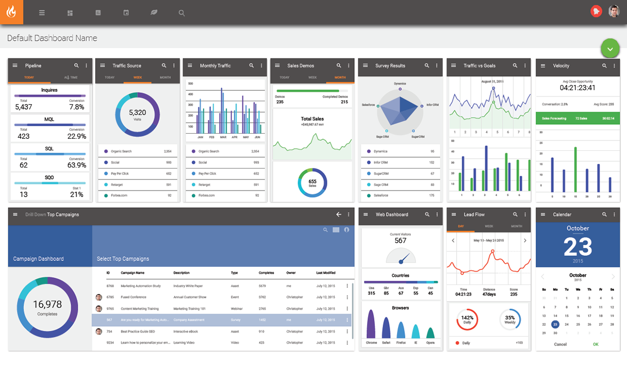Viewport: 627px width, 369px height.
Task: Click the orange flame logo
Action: click(11, 12)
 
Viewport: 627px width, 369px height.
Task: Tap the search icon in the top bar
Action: click(181, 13)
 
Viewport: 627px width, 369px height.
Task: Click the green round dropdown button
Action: click(610, 48)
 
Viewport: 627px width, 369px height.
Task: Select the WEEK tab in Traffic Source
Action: click(138, 77)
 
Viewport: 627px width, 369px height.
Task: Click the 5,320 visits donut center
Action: click(137, 114)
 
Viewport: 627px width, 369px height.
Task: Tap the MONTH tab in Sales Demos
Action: click(340, 77)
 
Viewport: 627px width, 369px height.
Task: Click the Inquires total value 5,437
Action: click(24, 107)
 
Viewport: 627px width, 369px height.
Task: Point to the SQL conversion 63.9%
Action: click(77, 165)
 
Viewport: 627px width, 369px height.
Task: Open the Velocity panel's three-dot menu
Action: click(613, 66)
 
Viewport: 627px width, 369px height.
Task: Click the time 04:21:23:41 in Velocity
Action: click(577, 88)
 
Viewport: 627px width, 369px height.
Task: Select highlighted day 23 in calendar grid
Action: click(555, 324)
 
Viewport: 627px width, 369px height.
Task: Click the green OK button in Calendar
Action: click(596, 344)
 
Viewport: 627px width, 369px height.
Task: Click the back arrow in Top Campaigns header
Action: click(339, 215)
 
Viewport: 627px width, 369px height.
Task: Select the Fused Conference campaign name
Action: click(134, 297)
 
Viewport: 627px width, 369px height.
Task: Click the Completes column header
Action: click(266, 273)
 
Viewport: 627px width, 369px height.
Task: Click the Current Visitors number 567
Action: click(400, 241)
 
